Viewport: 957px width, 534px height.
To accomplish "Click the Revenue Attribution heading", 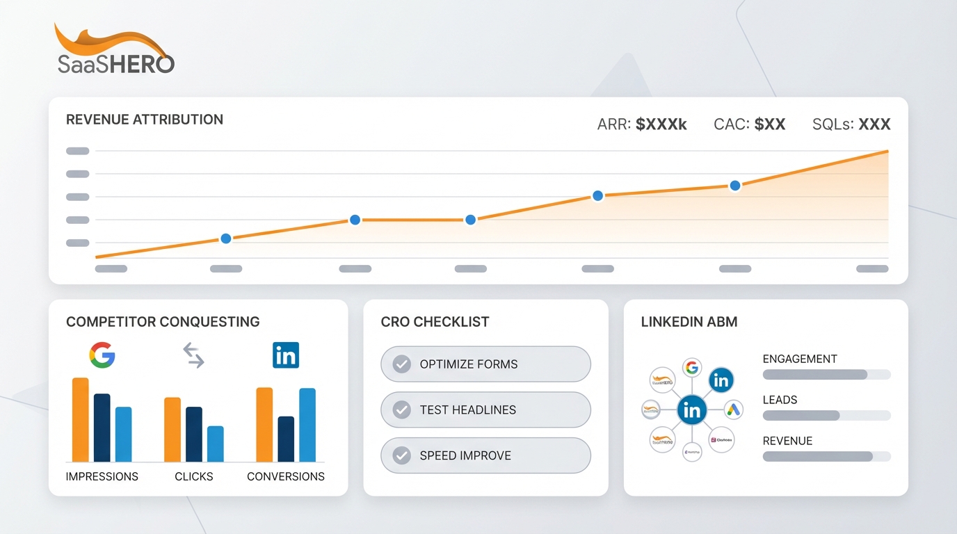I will pos(145,120).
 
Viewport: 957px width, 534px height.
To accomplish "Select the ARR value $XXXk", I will pos(661,124).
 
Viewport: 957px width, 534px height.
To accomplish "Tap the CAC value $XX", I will pos(769,124).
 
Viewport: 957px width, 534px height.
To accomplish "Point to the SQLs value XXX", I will pos(874,124).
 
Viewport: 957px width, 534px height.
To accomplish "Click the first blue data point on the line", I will pos(225,238).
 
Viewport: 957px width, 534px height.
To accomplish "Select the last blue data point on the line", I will pos(735,186).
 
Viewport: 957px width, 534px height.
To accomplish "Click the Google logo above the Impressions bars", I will pos(102,355).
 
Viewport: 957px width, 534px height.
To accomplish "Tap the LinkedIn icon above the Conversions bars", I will pos(286,355).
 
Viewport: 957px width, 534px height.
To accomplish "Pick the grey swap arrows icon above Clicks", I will pos(193,355).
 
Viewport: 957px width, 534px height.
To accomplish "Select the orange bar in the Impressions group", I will pos(81,419).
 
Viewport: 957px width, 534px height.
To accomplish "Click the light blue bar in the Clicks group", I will pos(216,444).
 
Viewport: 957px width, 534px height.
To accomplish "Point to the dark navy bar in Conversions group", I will pos(286,439).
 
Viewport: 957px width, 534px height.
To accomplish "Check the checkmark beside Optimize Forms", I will pos(401,364).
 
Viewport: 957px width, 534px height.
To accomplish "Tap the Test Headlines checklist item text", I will pos(467,410).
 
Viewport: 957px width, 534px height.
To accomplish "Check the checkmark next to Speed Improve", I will pos(401,455).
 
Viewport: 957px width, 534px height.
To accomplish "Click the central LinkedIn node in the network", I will pos(692,410).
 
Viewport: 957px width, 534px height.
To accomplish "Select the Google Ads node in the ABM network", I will pos(733,410).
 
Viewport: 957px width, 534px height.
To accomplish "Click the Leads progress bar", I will pos(826,415).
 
